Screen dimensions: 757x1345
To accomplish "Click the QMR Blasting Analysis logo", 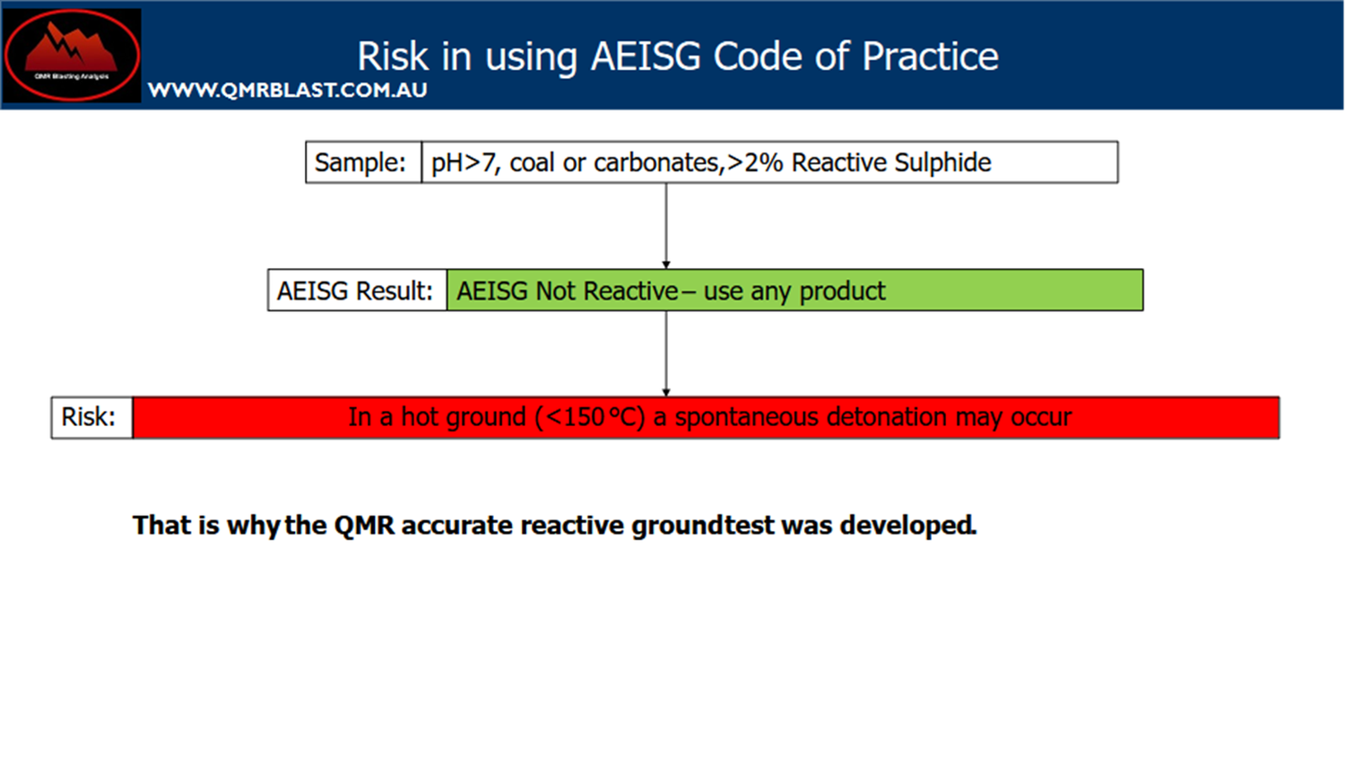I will click(x=72, y=55).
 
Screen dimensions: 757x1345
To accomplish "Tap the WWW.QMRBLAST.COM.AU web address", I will click(x=287, y=91).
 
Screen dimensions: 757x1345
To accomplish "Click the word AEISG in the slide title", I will click(x=645, y=57).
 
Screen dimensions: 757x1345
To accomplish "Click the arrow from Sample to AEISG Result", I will click(x=666, y=225).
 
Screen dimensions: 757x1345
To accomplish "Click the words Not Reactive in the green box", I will click(x=606, y=291).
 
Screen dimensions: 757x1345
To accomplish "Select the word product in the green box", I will click(x=842, y=291).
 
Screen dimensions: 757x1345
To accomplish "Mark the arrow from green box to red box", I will click(x=666, y=353).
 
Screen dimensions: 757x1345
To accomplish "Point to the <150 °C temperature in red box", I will click(x=590, y=417).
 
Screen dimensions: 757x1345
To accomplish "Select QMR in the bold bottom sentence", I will click(x=364, y=525).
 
